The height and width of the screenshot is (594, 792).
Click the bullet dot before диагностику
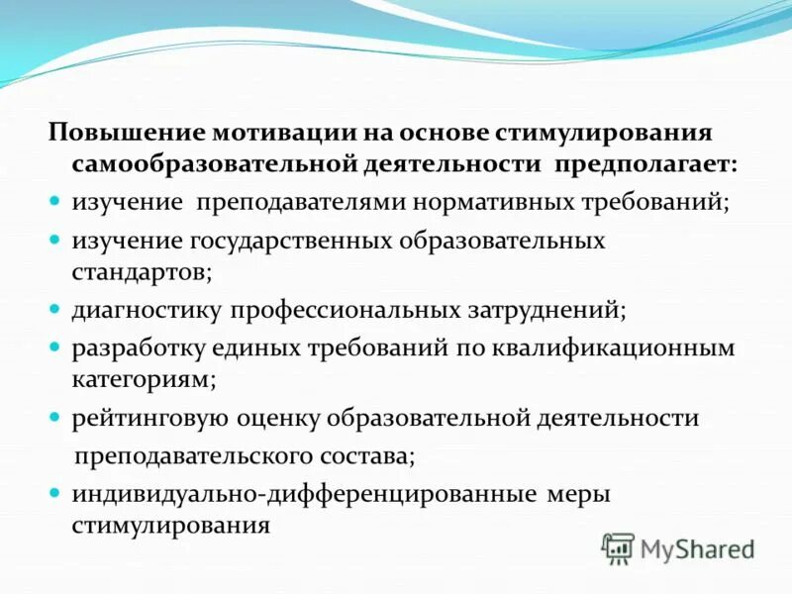click(57, 310)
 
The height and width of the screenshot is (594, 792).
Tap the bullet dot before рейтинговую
click(57, 419)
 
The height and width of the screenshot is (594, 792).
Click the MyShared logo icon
click(618, 547)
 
